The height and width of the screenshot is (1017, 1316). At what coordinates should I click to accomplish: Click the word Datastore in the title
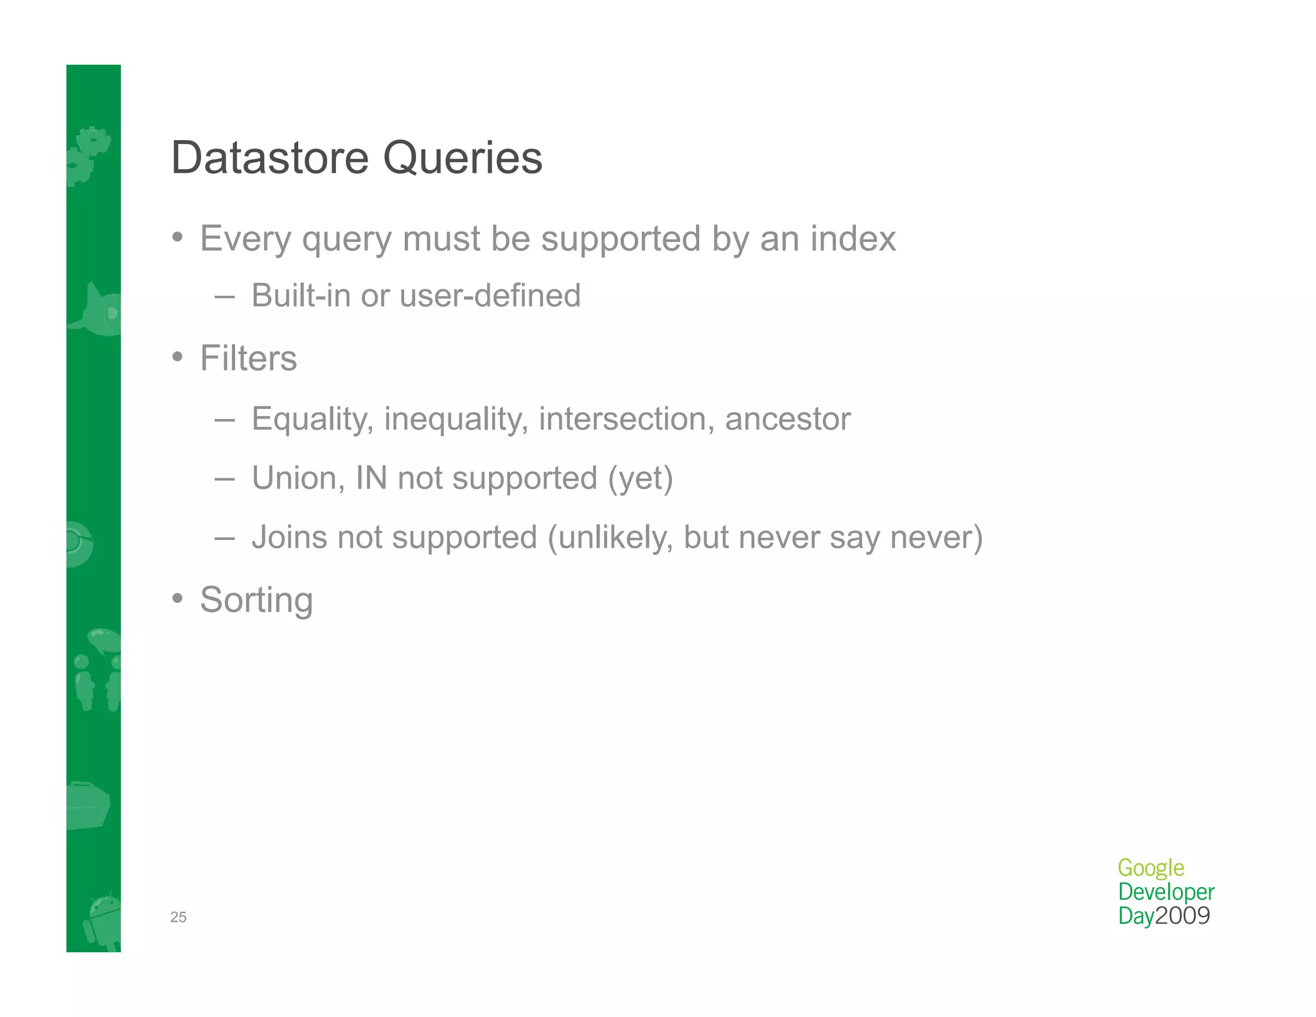point(271,157)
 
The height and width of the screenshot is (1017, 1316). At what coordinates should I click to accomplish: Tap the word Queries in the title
point(463,159)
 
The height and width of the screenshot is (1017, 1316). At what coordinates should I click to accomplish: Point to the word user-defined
point(490,296)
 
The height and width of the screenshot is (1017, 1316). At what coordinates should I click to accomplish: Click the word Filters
point(249,358)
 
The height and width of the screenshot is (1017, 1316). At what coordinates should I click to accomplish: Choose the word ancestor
point(788,419)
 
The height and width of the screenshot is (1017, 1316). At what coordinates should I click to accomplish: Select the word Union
point(298,478)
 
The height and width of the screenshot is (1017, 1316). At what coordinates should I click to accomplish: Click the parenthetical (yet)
point(641,479)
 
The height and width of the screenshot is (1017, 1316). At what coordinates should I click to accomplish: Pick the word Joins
point(289,537)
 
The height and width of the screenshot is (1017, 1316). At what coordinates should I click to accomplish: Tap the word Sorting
point(256,600)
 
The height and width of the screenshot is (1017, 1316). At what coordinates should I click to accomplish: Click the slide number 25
point(178,917)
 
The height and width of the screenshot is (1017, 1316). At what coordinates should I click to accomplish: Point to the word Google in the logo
point(1151,868)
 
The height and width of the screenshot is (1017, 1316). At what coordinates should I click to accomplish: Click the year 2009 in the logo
point(1183,915)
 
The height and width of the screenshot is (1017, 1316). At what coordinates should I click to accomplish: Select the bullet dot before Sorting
point(178,598)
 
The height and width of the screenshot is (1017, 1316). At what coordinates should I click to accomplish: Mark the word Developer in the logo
point(1166,892)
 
